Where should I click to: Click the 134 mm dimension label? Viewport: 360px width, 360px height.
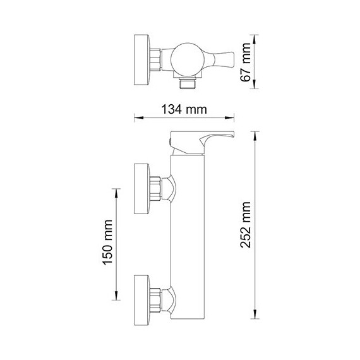pyautogui.click(x=184, y=108)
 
